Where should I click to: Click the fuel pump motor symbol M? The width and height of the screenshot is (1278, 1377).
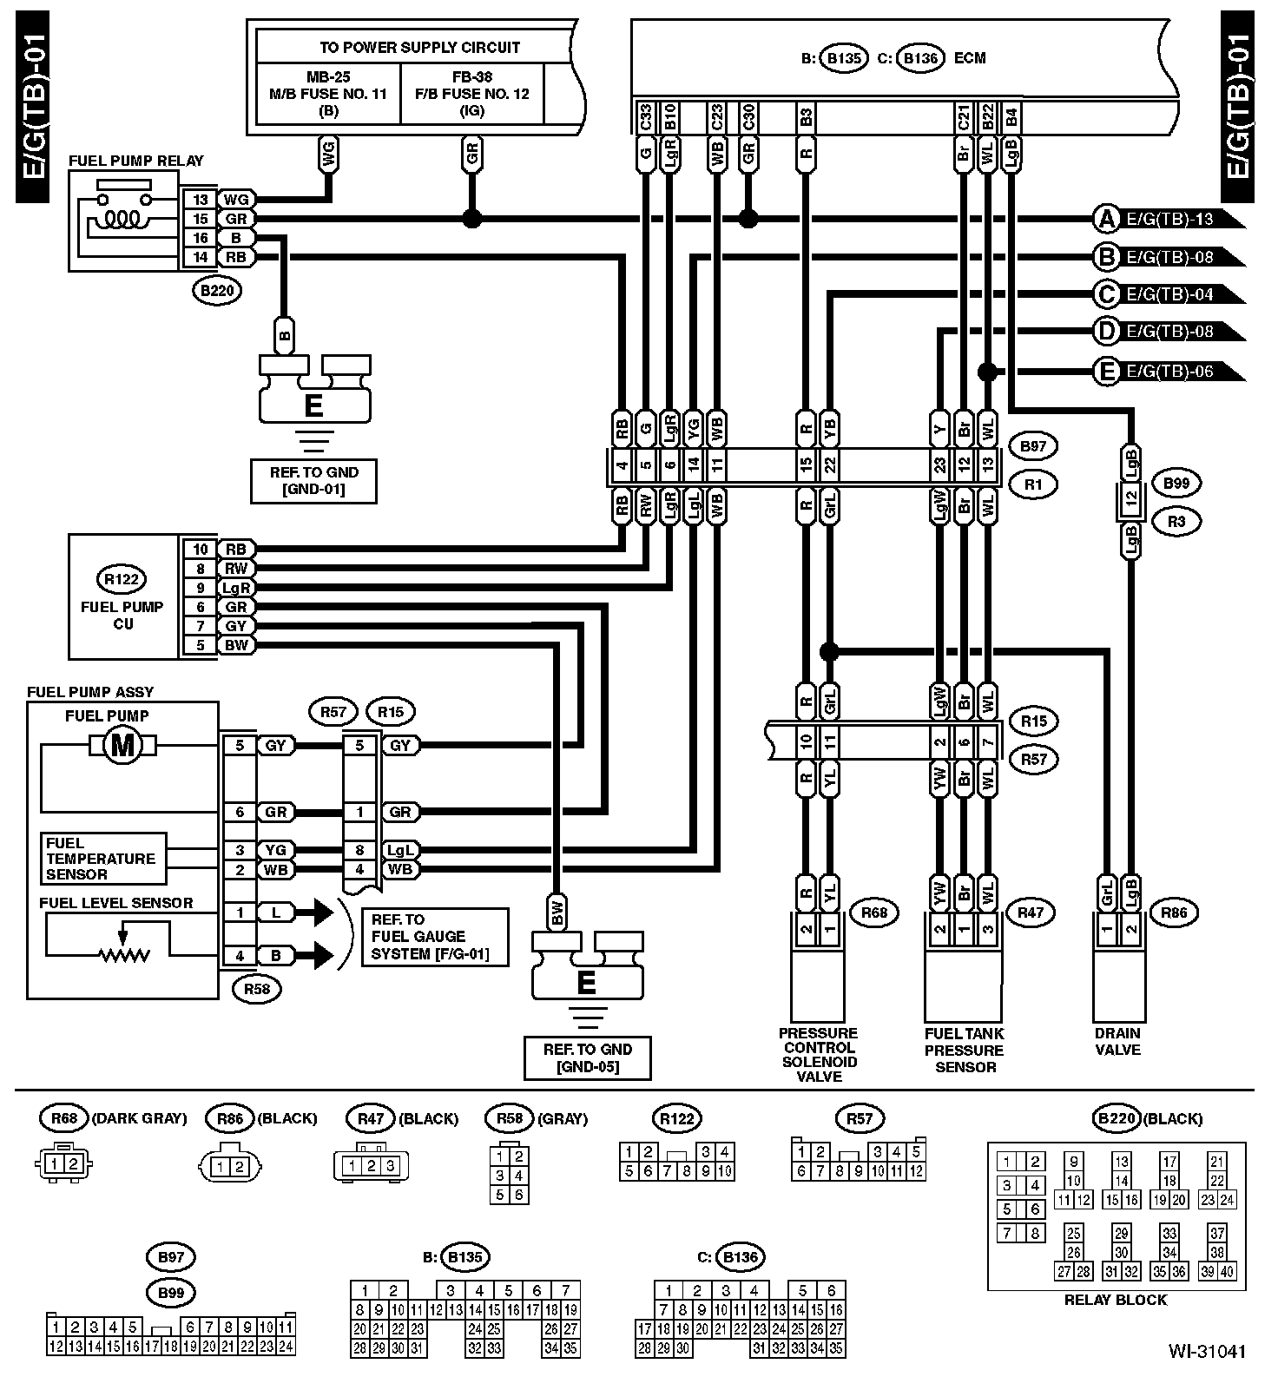[x=122, y=745]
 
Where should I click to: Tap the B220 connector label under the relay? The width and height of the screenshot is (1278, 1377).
[x=217, y=291]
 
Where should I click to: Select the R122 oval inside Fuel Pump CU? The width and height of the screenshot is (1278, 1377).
[x=121, y=579]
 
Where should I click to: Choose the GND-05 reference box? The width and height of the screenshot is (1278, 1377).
[x=588, y=1057]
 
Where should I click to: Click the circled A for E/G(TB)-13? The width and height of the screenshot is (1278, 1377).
[x=1106, y=219]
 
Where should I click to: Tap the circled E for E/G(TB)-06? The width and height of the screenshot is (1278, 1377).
[x=1106, y=372]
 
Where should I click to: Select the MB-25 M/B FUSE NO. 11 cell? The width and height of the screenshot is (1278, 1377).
[x=328, y=93]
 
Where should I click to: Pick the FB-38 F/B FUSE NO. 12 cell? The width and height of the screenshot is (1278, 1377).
[x=472, y=93]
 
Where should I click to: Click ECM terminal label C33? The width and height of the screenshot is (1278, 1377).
[x=645, y=118]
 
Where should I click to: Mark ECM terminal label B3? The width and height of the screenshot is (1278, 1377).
[x=807, y=118]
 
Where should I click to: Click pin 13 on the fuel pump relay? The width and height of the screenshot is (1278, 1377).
[x=201, y=200]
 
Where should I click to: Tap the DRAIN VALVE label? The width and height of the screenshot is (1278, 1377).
[x=1117, y=1041]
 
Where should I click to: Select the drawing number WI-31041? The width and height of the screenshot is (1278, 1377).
[x=1207, y=1351]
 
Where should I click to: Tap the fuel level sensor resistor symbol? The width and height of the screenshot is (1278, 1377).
[x=125, y=955]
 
